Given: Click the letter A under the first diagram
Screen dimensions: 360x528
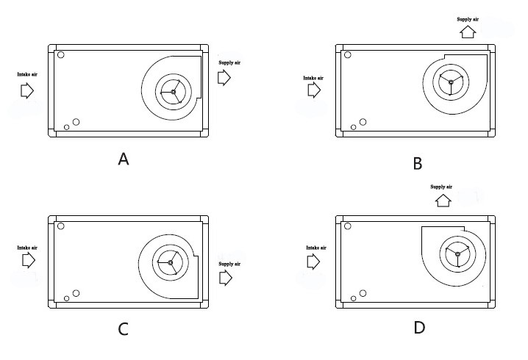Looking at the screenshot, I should click(124, 159).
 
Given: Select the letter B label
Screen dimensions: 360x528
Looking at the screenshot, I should click(418, 163).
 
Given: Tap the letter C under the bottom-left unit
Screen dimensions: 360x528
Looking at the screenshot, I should click(124, 329).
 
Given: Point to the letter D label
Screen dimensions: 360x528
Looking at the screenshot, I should click(419, 328).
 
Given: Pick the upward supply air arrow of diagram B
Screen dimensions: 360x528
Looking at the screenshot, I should click(467, 32).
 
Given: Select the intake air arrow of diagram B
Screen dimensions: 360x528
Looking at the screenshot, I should click(314, 90).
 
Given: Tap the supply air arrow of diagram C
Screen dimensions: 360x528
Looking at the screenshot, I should click(226, 278).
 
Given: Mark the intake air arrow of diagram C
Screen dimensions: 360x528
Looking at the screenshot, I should click(28, 261).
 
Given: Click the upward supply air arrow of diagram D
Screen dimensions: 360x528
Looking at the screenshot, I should click(443, 200).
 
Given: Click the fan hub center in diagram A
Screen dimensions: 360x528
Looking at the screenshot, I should click(174, 92).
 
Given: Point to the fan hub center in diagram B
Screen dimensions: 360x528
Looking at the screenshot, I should click(451, 82).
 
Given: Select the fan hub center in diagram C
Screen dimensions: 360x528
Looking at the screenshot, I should click(171, 262).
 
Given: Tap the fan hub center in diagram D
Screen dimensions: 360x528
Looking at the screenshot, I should click(457, 254).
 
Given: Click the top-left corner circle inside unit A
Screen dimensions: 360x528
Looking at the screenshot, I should click(61, 54).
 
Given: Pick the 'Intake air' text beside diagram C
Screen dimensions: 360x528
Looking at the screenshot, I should click(27, 248).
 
